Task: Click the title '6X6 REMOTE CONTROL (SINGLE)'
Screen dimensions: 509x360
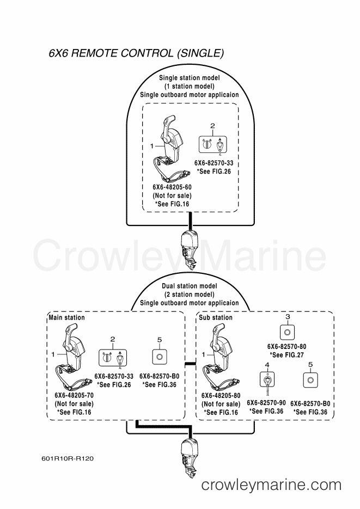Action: (x=136, y=54)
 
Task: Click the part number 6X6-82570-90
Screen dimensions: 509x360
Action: (x=266, y=402)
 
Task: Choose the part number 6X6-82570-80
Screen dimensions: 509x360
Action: (x=286, y=346)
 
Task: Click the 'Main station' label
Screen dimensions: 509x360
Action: (x=66, y=317)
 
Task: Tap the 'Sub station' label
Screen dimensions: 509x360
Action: (x=215, y=317)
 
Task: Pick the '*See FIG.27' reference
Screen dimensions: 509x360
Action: (x=286, y=354)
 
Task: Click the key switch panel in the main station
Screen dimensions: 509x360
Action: (x=113, y=357)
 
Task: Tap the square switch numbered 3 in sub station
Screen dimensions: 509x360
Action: (x=286, y=330)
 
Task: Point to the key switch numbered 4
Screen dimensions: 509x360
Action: (x=267, y=379)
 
